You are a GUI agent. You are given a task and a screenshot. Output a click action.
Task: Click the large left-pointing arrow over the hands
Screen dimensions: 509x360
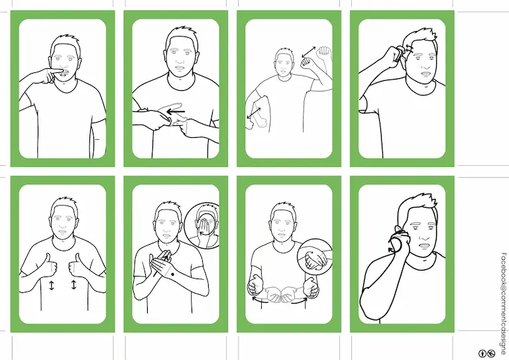click(175, 112)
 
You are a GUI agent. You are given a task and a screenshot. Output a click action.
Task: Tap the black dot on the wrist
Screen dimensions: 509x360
click(172, 275)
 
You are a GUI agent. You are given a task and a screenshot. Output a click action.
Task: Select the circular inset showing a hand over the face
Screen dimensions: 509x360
click(201, 225)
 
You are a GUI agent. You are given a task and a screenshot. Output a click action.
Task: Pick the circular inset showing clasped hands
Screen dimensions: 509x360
click(315, 257)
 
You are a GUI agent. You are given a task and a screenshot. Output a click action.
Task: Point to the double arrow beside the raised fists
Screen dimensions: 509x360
click(308, 52)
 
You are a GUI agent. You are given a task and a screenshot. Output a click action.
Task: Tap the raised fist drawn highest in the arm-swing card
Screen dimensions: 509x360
click(323, 52)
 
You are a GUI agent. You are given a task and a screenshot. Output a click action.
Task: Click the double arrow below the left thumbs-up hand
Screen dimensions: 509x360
click(51, 285)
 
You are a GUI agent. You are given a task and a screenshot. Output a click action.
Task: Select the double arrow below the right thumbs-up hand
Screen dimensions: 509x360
click(74, 284)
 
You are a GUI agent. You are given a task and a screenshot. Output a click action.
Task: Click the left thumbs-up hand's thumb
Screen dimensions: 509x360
click(48, 259)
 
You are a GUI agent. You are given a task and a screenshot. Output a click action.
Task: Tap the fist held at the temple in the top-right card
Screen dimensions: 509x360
click(396, 54)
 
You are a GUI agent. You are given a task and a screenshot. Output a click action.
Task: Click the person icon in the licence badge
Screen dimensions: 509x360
click(482, 353)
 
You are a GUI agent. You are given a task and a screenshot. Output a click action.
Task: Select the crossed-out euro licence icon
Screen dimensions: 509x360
click(491, 353)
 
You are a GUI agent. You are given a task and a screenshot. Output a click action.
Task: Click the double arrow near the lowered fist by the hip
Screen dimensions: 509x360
click(254, 113)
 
